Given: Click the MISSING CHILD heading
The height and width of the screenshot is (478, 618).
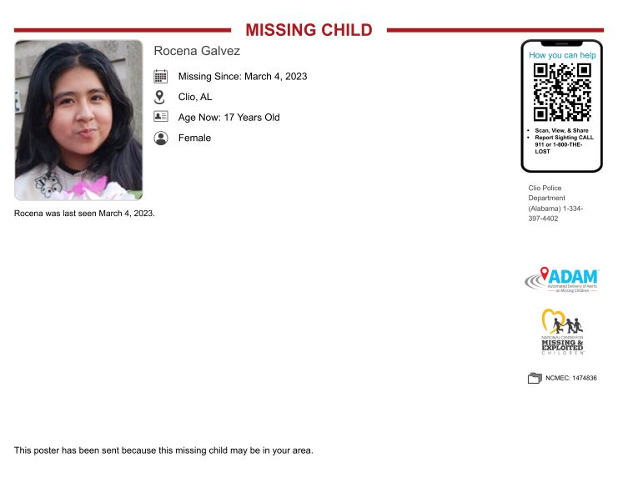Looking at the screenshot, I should [x=309, y=30].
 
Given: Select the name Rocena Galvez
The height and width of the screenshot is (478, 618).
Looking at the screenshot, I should [x=197, y=51].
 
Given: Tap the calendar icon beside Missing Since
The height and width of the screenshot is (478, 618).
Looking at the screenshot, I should [x=161, y=76].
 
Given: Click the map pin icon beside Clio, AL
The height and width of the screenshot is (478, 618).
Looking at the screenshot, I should [x=161, y=97].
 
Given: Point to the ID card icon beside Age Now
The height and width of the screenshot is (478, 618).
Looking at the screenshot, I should [x=161, y=117].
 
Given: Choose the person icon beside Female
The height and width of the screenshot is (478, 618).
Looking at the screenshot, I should [x=161, y=138].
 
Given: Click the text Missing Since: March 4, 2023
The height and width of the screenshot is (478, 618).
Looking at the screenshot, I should [x=243, y=77].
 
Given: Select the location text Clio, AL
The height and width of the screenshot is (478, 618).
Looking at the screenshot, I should [x=195, y=97].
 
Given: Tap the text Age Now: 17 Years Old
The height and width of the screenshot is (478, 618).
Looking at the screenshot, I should [x=229, y=118].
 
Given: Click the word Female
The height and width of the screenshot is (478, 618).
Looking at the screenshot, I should [x=194, y=138].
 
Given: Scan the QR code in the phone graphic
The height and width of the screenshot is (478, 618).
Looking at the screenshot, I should [x=562, y=92].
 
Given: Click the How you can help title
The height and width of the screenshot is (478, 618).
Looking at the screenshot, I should [x=561, y=55].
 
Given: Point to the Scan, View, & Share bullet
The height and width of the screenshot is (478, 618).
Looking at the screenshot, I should [x=561, y=131].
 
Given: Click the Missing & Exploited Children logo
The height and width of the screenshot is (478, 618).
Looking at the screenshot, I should [x=561, y=332].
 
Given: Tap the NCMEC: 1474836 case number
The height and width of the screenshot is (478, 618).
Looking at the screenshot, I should [x=571, y=378].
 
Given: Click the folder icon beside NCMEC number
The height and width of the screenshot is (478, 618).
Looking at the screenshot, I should [x=535, y=378].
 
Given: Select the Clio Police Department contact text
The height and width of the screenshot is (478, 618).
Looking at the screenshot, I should [x=555, y=203].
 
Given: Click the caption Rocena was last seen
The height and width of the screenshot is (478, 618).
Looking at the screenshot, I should [x=84, y=214].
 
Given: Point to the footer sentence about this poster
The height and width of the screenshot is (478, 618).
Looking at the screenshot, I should [x=163, y=450].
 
